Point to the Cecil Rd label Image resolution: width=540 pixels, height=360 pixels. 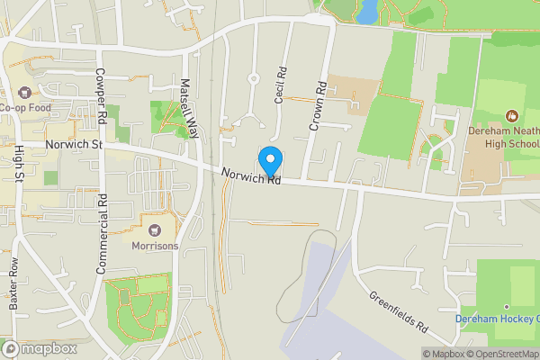pos(280,85)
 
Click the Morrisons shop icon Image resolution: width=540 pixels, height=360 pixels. pos(155,230)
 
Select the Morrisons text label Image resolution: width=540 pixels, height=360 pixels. pos(155,246)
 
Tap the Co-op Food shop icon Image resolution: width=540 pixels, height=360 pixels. pos(23,92)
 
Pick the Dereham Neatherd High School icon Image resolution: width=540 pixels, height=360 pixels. pos(512,115)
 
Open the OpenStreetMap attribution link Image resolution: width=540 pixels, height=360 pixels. pos(501,354)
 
